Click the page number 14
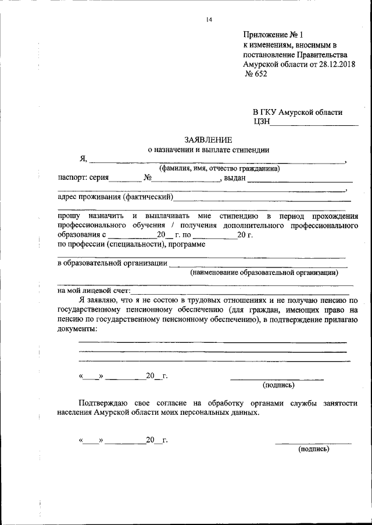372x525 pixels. click(x=209, y=20)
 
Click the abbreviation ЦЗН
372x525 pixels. click(x=261, y=122)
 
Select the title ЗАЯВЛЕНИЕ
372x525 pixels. click(x=208, y=139)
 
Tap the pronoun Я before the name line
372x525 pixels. click(x=84, y=159)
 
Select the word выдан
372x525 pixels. click(x=235, y=178)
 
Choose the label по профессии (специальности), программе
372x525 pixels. click(x=131, y=244)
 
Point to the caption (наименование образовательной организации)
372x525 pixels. click(x=264, y=272)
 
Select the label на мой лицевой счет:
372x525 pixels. click(x=94, y=291)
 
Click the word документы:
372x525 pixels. click(x=77, y=328)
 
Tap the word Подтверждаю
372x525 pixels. click(x=106, y=403)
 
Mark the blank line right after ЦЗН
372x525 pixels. click(x=314, y=124)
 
